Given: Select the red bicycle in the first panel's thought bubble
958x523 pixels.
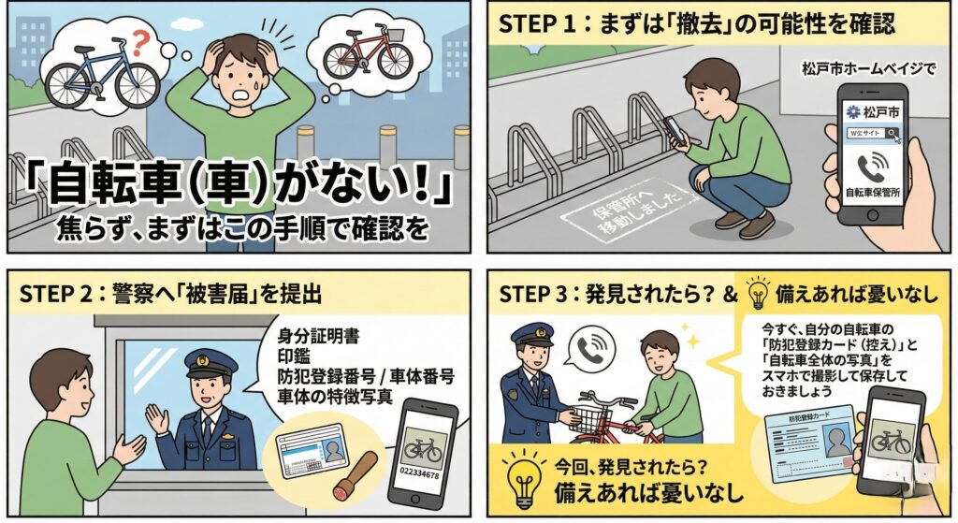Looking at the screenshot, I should click(368, 52).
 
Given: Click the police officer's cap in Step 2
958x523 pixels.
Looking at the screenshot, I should click(210, 362).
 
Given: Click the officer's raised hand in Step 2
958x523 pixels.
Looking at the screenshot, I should click(156, 418).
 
